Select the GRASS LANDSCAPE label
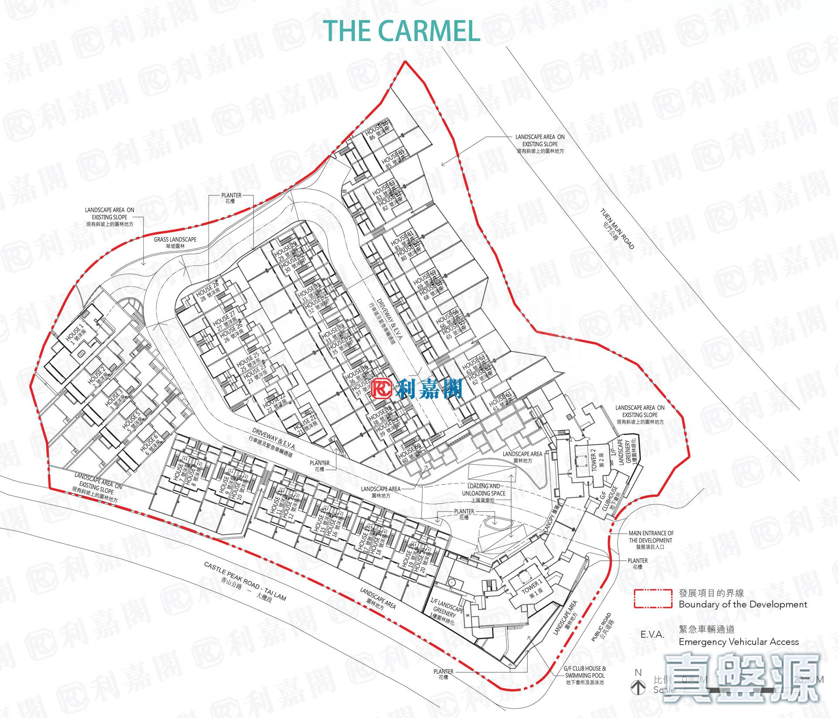175,240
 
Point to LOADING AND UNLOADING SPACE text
483,490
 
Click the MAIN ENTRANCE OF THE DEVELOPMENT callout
651,537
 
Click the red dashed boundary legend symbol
653,598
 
